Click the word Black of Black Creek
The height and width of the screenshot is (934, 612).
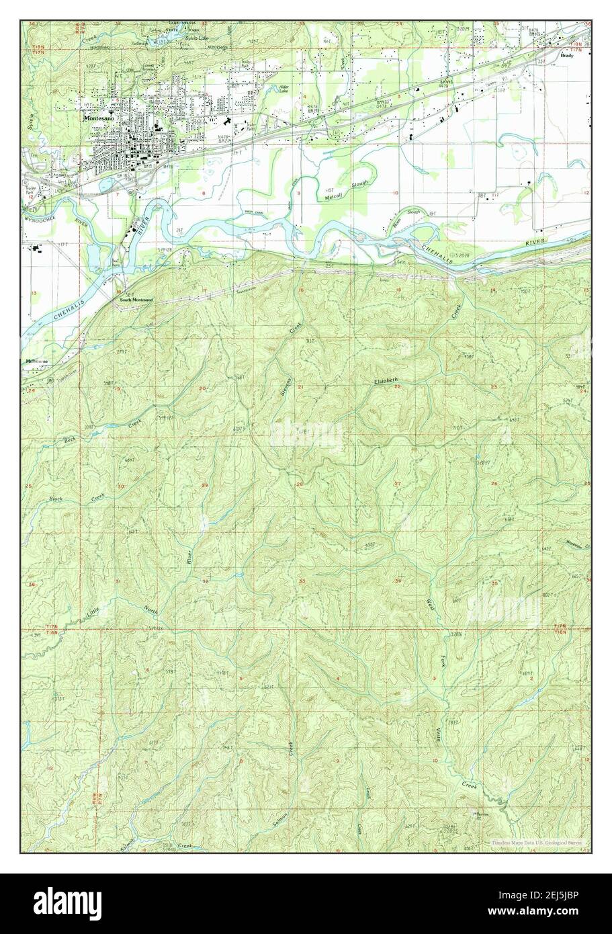tap(56, 499)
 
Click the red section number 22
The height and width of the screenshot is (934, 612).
tap(397, 387)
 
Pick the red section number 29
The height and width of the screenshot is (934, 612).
tap(204, 485)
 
